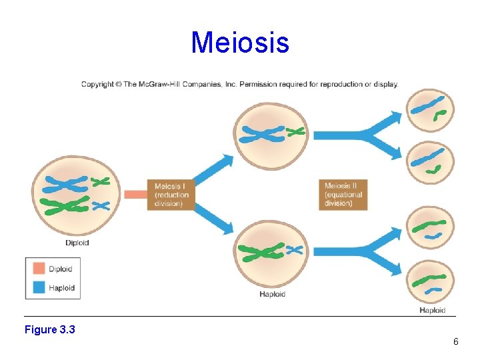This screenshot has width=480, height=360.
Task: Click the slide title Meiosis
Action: point(240,43)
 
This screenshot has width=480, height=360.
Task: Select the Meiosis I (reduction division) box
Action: point(171,195)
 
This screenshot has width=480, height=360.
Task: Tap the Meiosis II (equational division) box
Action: point(344,195)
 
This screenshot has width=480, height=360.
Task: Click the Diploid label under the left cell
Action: point(77,243)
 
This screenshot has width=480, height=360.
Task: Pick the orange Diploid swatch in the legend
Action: point(39,268)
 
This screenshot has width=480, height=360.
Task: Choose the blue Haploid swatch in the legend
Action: point(39,288)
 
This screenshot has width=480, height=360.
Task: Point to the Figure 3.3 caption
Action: point(49,329)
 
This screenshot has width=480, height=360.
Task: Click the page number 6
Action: point(455,341)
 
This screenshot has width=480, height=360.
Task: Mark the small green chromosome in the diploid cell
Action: point(101,181)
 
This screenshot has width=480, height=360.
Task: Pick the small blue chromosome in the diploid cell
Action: point(100,205)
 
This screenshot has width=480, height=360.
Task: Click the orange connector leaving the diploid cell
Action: point(135,195)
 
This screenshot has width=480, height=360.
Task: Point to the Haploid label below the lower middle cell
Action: point(272,294)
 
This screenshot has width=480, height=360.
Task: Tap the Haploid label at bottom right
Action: point(432,310)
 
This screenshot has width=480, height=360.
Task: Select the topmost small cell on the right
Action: point(431,110)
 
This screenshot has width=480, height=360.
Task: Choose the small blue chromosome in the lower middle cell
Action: point(294,250)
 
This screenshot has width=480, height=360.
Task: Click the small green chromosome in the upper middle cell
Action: point(295,132)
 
